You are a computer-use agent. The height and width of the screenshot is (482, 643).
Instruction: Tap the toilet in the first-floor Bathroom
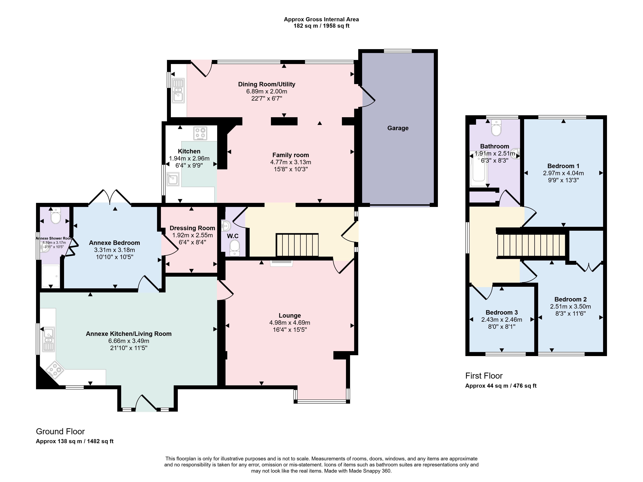[496, 128]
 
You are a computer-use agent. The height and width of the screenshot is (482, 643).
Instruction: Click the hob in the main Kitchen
[200, 133]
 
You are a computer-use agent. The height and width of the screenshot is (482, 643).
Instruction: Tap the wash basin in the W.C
[226, 225]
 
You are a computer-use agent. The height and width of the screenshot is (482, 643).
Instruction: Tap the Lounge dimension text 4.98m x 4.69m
[290, 323]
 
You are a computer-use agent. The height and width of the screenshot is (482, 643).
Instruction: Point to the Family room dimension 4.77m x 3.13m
[291, 162]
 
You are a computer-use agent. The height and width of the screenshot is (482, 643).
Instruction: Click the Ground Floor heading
[61, 431]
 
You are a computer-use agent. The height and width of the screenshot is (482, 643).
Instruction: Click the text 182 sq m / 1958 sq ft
[321, 26]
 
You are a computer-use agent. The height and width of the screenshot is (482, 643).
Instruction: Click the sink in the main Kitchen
[173, 179]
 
